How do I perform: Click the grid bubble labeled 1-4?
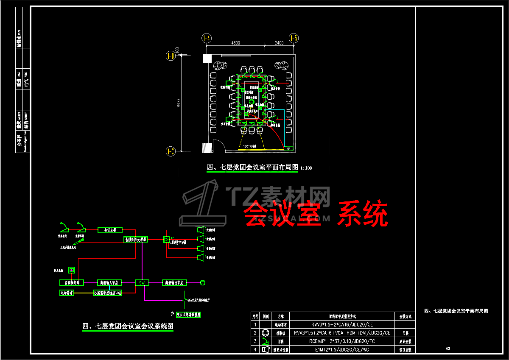pyautogui.click(x=207, y=39)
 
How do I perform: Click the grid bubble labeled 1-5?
pyautogui.click(x=294, y=39)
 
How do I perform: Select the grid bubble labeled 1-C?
pyautogui.click(x=171, y=151)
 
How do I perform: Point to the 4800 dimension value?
pyautogui.click(x=235, y=42)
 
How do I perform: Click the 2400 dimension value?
pyautogui.click(x=279, y=42)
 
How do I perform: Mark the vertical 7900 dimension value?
pyautogui.click(x=179, y=103)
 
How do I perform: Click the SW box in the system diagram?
pyautogui.click(x=142, y=282)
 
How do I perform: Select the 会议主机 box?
pyautogui.click(x=110, y=230)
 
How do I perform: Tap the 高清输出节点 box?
pyautogui.click(x=174, y=282)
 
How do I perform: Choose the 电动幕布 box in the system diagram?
pyautogui.click(x=67, y=293)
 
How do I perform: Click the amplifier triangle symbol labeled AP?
pyautogui.click(x=166, y=240)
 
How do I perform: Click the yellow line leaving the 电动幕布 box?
pyautogui.click(x=84, y=293)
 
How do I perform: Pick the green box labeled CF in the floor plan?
pyautogui.click(x=288, y=148)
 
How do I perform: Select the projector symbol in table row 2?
pyautogui.click(x=266, y=333)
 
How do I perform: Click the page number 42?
pyautogui.click(x=447, y=349)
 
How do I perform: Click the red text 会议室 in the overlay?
pyautogui.click(x=281, y=214)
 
